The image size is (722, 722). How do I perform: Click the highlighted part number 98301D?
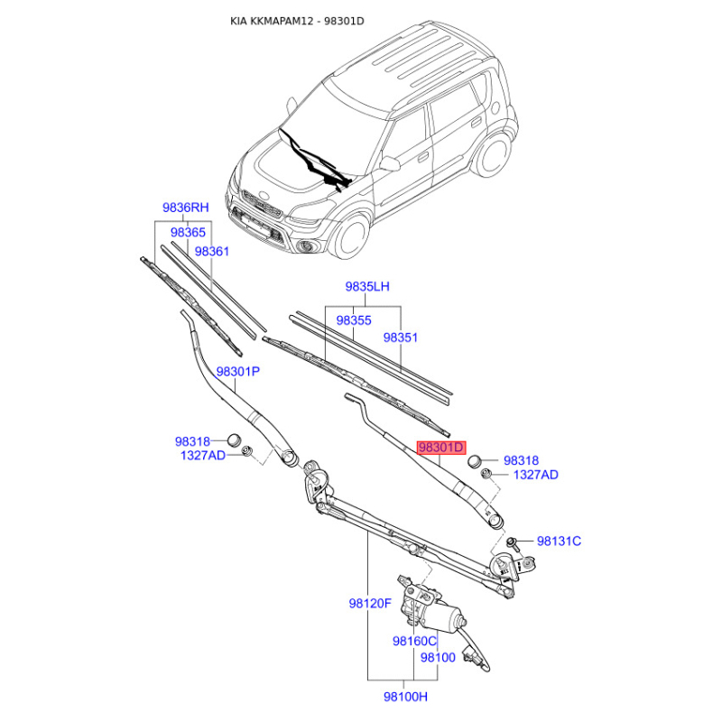pos(441,448)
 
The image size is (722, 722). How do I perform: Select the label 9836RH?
pos(186,208)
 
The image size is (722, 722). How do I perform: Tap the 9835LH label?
pos(367,286)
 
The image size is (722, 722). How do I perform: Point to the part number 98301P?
pos(238,371)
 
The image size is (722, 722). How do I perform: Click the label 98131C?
pos(559,541)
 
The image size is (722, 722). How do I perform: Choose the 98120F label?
pos(370,603)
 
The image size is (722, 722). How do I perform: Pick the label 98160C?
pos(414,641)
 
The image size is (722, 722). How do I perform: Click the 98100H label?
pos(405,697)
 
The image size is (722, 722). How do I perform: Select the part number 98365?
pos(188,232)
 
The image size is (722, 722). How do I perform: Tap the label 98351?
pos(401,338)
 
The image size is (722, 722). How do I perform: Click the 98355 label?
pos(354,320)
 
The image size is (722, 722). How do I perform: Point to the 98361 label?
pos(212,252)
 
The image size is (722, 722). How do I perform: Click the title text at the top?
pos(297,21)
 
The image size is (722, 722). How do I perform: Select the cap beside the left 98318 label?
pos(235,440)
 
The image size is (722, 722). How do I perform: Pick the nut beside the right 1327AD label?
pos(486,474)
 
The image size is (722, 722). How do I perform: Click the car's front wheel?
pos(351,236)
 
